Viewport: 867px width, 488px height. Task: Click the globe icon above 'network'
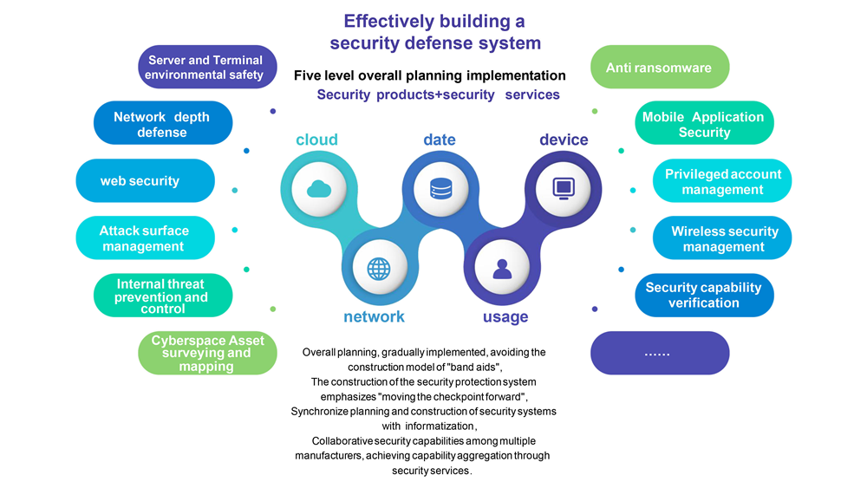click(x=379, y=269)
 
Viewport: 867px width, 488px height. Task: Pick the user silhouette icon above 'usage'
click(x=502, y=269)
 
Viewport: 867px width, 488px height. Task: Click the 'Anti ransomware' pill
click(x=659, y=68)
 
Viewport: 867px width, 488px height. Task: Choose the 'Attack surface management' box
click(x=145, y=238)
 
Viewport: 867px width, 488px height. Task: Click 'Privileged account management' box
click(x=722, y=181)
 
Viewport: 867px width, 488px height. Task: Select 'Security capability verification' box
click(x=704, y=296)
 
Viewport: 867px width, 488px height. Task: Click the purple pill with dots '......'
click(x=659, y=353)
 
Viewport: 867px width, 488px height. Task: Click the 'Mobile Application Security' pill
click(x=704, y=124)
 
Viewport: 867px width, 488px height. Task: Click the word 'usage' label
click(x=505, y=317)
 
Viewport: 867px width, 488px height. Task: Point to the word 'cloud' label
click(x=316, y=140)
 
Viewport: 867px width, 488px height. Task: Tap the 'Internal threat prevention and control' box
click(x=163, y=296)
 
